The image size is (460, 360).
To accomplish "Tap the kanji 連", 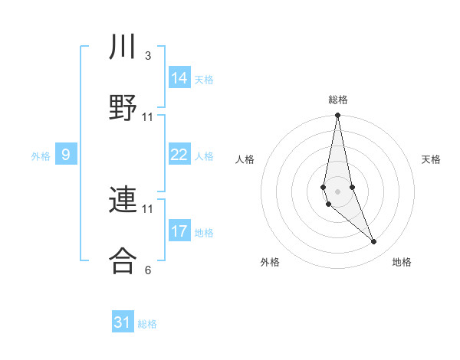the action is tap(123, 200).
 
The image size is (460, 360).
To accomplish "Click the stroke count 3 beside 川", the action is tap(148, 56).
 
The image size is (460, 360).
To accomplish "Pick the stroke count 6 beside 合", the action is tap(148, 270).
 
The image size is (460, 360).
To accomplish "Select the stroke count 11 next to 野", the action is tap(148, 117).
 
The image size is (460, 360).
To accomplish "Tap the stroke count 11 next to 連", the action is tap(148, 208).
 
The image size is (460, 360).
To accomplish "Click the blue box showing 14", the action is tap(179, 78).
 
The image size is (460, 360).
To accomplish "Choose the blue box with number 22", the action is tap(179, 155).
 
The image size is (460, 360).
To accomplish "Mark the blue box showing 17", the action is tap(179, 231).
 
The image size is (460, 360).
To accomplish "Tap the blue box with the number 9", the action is tap(66, 155).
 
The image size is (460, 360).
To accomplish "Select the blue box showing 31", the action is tap(123, 322).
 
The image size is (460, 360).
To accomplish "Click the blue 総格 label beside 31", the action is tap(147, 324).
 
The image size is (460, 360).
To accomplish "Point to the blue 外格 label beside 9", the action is tap(41, 156).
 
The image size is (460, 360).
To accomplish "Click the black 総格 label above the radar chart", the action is tap(338, 100).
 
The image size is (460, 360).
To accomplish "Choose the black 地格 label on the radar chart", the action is tap(402, 263).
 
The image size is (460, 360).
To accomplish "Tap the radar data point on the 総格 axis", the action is tap(338, 116).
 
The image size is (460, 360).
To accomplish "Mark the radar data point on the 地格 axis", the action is tap(374, 242).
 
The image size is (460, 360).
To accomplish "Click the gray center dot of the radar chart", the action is tap(338, 191).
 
